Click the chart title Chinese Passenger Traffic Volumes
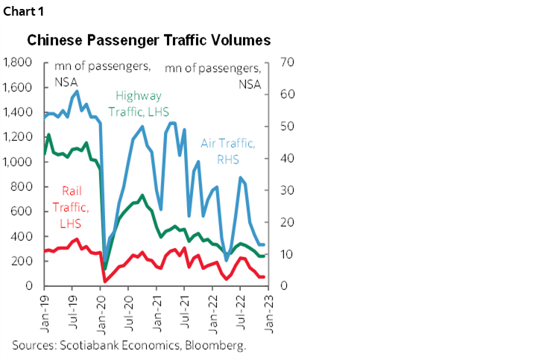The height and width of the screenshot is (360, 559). pos(149,40)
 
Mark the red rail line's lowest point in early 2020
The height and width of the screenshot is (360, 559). pos(104,281)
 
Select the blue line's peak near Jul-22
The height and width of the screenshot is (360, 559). pos(240,177)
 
